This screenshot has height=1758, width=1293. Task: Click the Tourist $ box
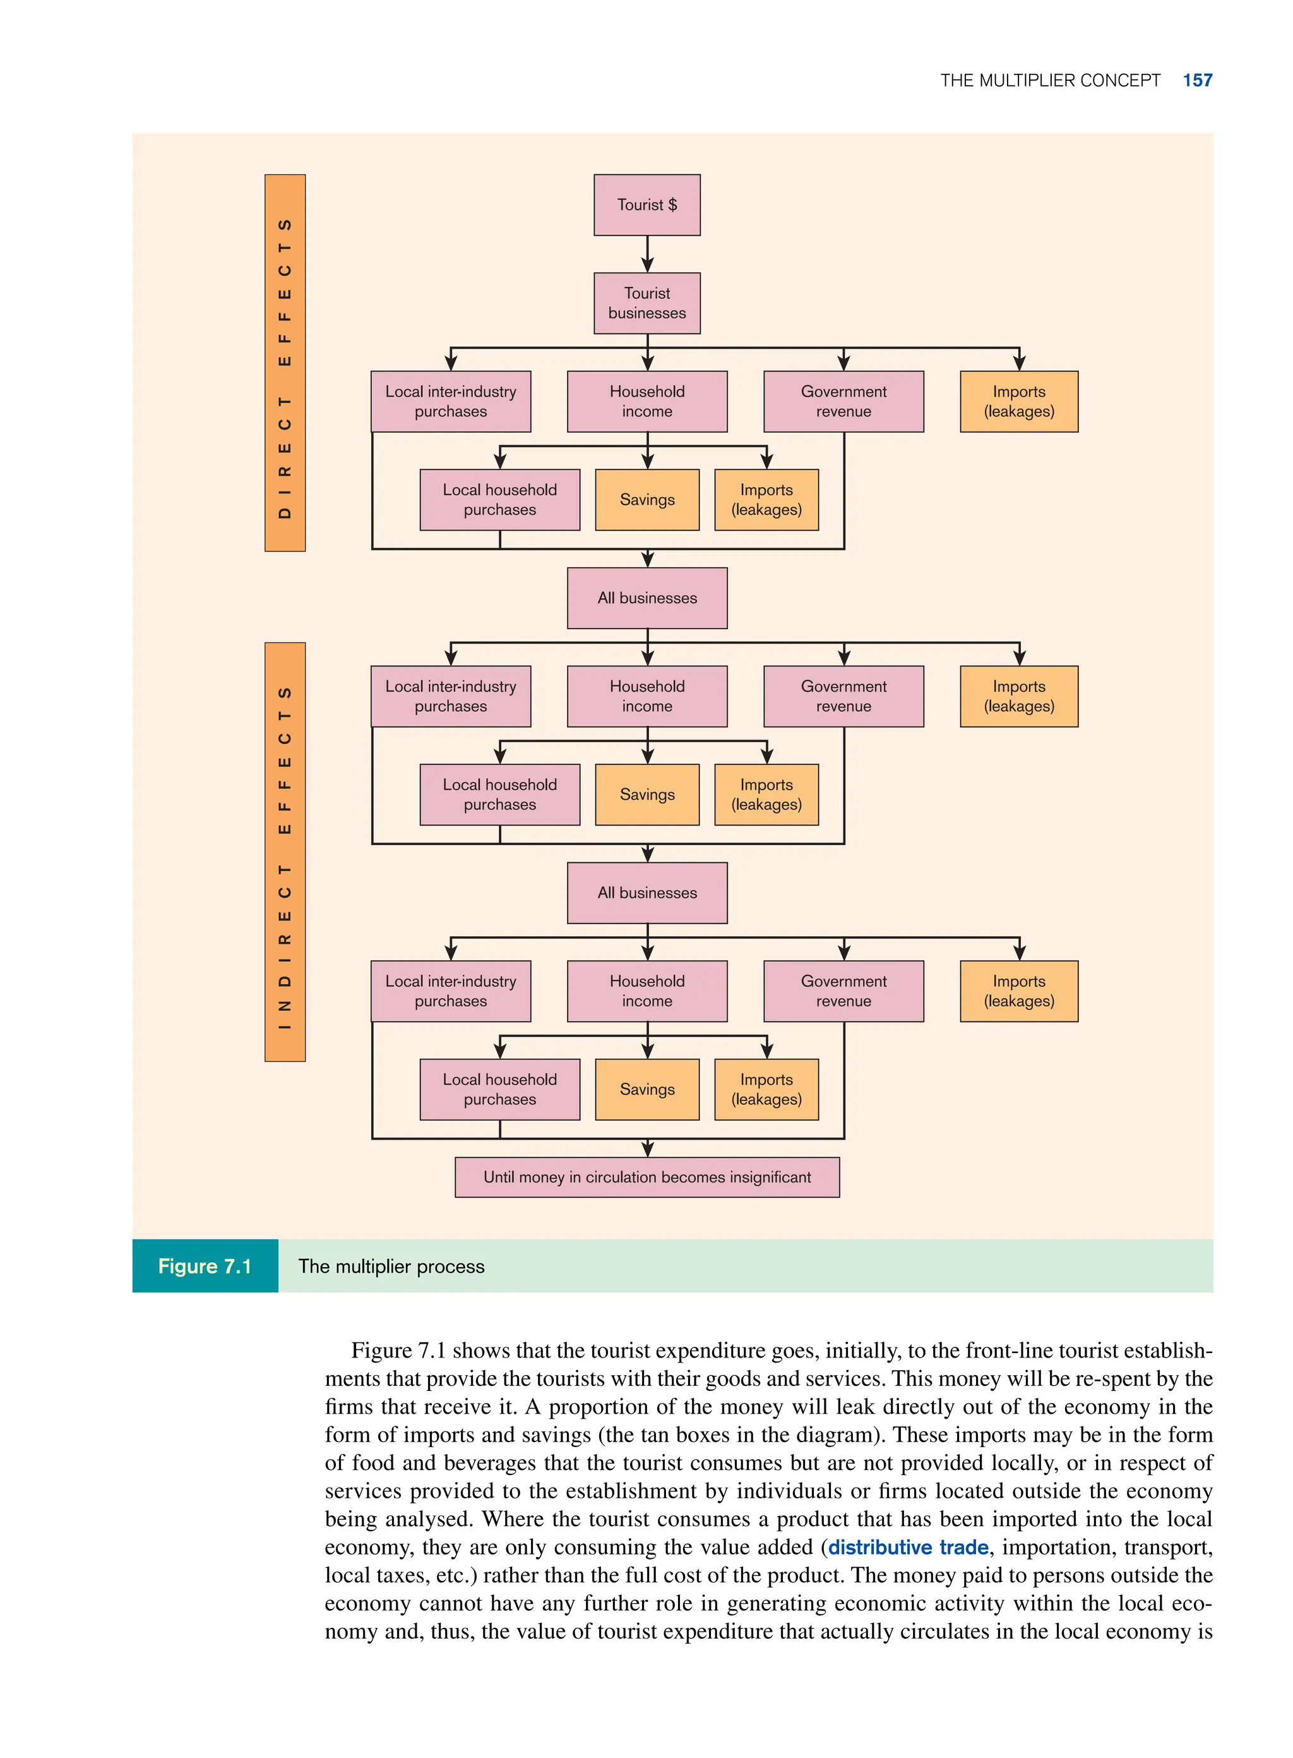pos(646,205)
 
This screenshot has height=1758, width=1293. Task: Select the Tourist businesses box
pos(646,303)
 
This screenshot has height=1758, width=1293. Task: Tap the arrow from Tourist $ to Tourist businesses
pos(647,255)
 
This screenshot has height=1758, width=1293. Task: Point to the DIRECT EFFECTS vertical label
pos(285,363)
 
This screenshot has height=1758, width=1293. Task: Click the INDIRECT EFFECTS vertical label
pos(285,852)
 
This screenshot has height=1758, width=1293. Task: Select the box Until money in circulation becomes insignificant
pos(646,1177)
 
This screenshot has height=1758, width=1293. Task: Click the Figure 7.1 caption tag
pos(205,1267)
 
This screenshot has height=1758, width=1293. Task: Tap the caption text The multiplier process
pos(391,1267)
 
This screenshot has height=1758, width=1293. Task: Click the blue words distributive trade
pos(908,1548)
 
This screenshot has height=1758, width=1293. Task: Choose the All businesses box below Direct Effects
pos(646,598)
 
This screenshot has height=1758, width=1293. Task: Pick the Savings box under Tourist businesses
pos(646,500)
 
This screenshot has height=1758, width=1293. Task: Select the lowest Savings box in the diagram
pos(646,1089)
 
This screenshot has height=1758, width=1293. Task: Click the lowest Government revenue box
pos(843,991)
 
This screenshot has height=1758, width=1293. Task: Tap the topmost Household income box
pos(646,402)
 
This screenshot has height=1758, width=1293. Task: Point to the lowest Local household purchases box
pos(499,1089)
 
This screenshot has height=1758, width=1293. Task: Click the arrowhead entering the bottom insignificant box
pos(647,1150)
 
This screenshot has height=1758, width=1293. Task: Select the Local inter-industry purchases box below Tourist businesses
pos(451,402)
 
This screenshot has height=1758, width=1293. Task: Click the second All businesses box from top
pos(646,893)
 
